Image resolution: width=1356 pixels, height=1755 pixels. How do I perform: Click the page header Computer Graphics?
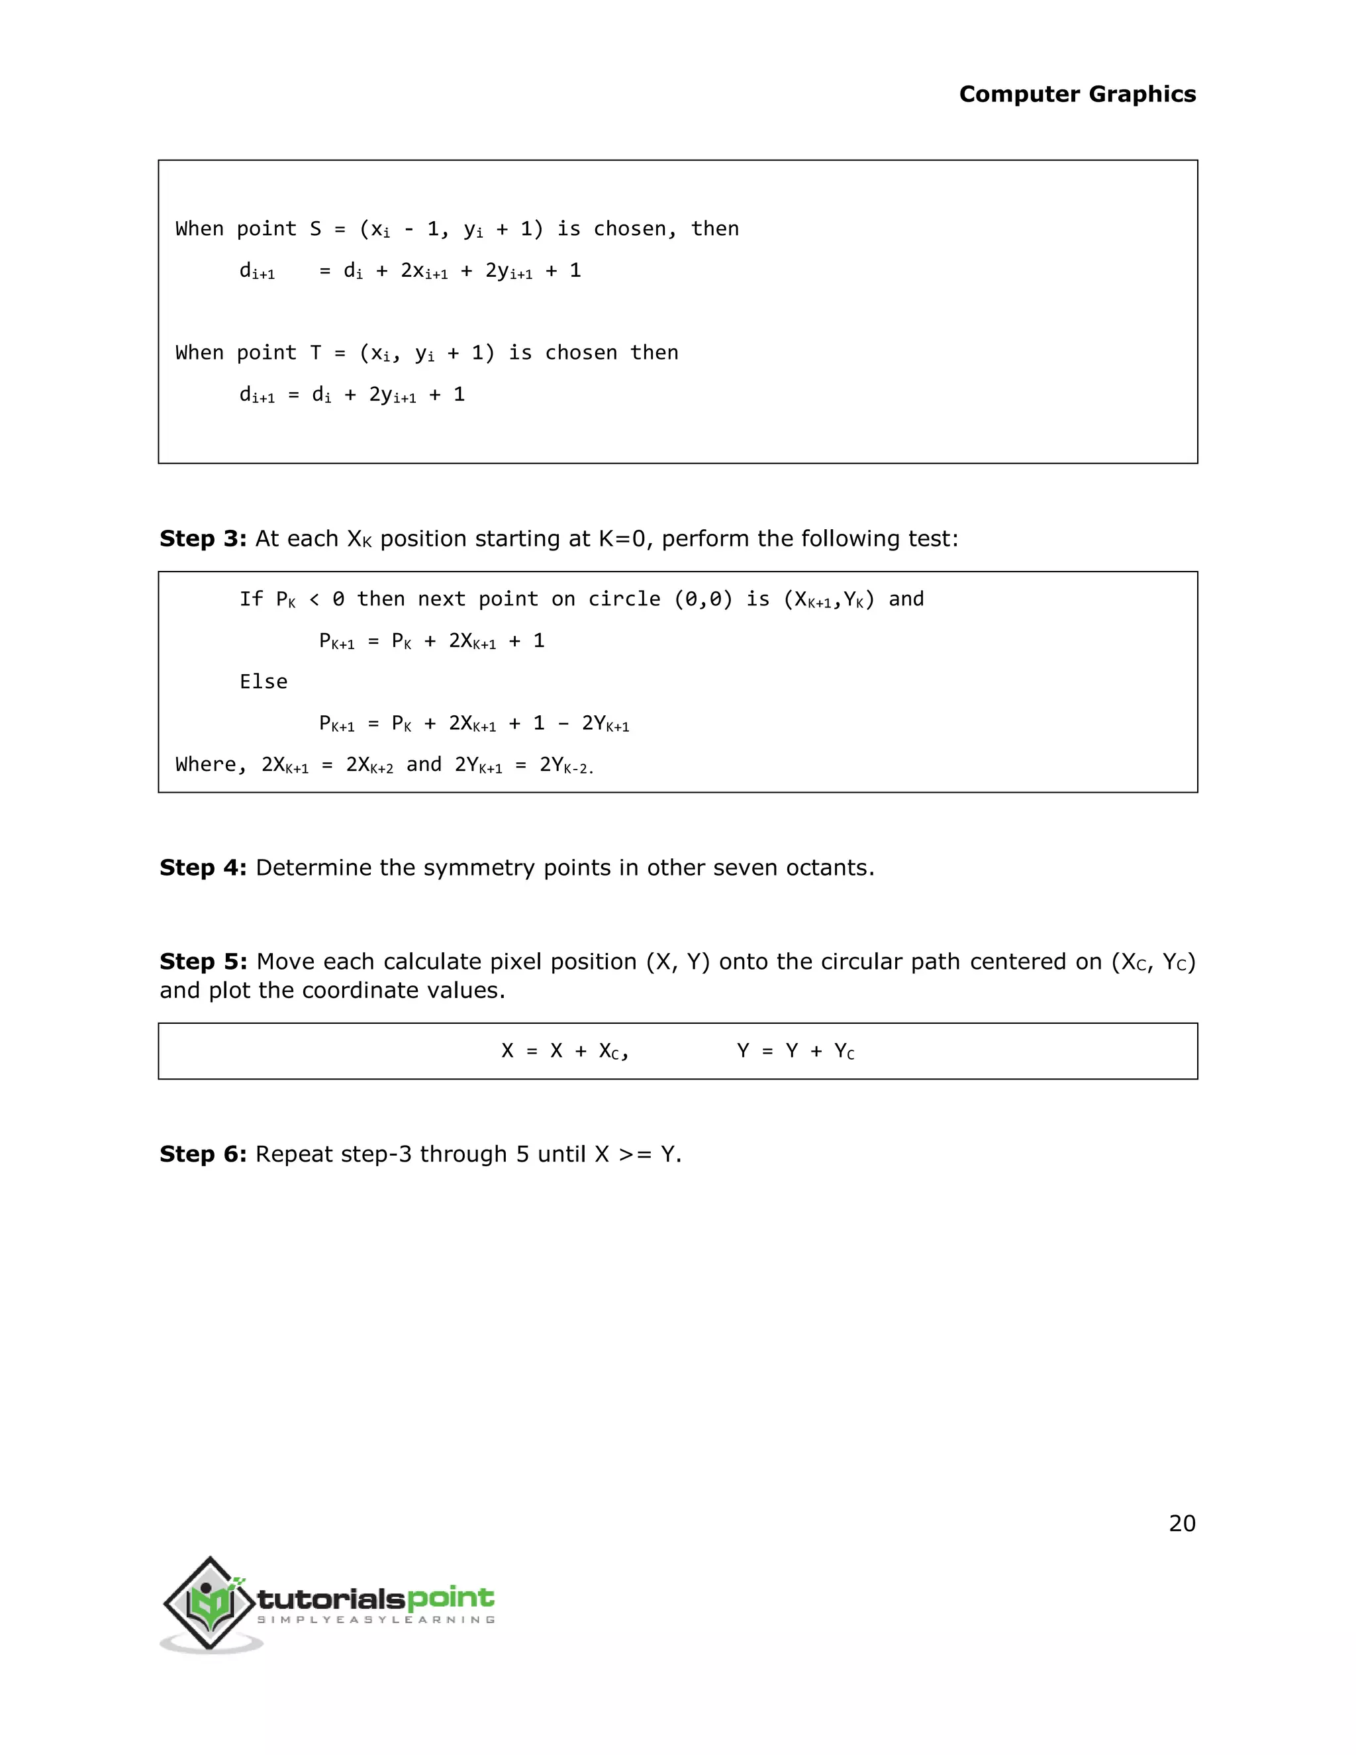[x=1077, y=94]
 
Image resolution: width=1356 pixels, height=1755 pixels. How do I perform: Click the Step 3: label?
[x=203, y=538]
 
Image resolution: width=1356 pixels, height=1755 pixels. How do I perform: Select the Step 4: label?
[x=203, y=868]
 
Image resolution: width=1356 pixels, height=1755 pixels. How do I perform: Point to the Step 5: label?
[x=203, y=962]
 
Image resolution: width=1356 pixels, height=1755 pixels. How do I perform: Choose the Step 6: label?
[x=203, y=1154]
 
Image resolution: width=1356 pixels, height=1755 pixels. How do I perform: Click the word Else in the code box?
[x=263, y=681]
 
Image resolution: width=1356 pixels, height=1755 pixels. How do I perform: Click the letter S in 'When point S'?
[x=316, y=229]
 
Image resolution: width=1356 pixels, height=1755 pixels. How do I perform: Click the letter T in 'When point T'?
[x=316, y=353]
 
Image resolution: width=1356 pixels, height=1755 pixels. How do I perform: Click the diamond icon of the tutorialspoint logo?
[x=211, y=1604]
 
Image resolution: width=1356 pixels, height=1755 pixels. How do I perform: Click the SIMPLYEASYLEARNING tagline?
[x=375, y=1619]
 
